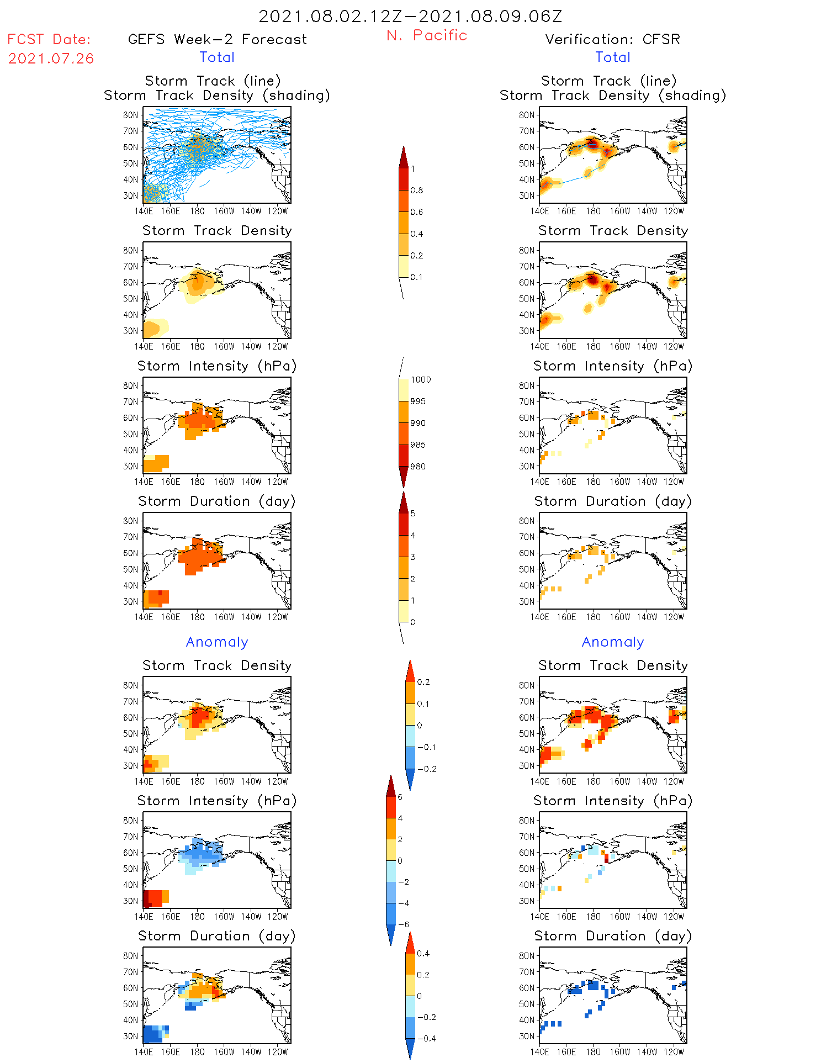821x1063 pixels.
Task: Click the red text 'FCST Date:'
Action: pyautogui.click(x=49, y=40)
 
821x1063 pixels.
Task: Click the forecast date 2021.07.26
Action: pyautogui.click(x=51, y=59)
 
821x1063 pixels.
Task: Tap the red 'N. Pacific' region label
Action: pyautogui.click(x=426, y=35)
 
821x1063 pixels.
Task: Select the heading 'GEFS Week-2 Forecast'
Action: pyautogui.click(x=217, y=40)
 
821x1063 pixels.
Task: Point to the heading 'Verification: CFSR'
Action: pyautogui.click(x=612, y=40)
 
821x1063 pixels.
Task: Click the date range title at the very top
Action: pyautogui.click(x=410, y=17)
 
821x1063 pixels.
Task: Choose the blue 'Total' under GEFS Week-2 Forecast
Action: pyautogui.click(x=217, y=57)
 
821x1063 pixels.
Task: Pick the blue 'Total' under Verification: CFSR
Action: pyautogui.click(x=612, y=57)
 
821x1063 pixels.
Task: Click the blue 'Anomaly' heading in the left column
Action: pyautogui.click(x=217, y=642)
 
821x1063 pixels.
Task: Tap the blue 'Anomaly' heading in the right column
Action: pyautogui.click(x=612, y=642)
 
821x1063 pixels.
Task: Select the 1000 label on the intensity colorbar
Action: pyautogui.click(x=420, y=380)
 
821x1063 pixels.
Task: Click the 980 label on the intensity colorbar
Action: pyautogui.click(x=418, y=467)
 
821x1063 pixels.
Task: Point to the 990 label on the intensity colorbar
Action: pyautogui.click(x=418, y=424)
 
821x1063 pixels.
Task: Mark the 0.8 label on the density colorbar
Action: pyautogui.click(x=417, y=191)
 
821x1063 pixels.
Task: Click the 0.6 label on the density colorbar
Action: pyautogui.click(x=417, y=212)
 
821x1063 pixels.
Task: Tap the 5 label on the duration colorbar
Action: pyautogui.click(x=413, y=514)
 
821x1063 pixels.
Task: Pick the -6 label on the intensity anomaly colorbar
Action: pyautogui.click(x=403, y=925)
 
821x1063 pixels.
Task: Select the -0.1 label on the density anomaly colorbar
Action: pyautogui.click(x=426, y=747)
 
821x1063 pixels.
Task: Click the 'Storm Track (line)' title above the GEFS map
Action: pyautogui.click(x=213, y=81)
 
